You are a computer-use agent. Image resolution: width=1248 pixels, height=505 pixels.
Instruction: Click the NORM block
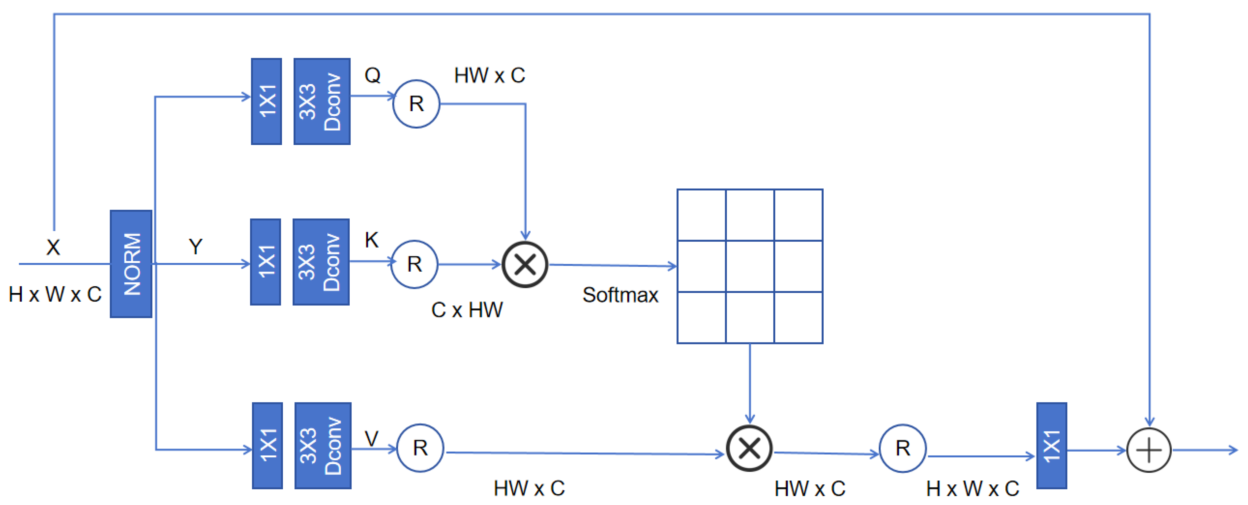(x=131, y=264)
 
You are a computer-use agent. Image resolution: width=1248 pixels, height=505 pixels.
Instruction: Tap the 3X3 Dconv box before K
(x=321, y=262)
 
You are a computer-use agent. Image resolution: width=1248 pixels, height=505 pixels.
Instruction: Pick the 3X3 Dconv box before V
(x=323, y=445)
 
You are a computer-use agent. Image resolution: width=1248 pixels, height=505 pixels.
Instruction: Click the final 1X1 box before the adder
(x=1051, y=445)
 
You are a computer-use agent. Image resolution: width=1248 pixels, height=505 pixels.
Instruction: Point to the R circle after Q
(x=416, y=103)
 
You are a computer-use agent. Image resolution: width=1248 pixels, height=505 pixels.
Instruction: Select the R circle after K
(x=414, y=265)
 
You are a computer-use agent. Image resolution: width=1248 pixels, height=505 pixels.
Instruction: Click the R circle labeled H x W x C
(x=902, y=448)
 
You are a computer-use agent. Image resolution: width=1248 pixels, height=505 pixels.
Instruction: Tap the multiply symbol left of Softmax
(x=525, y=265)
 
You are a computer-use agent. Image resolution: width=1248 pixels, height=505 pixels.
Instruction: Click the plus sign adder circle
(x=1149, y=450)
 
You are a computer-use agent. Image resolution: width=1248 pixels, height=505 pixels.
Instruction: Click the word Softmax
(x=620, y=295)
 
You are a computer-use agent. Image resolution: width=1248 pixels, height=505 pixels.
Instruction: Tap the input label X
(x=53, y=247)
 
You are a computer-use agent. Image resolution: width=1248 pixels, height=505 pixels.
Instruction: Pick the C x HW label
(x=467, y=310)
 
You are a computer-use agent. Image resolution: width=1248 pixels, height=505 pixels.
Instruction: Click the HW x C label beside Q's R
(x=489, y=76)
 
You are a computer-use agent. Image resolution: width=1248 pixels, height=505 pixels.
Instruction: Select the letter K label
(x=372, y=240)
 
